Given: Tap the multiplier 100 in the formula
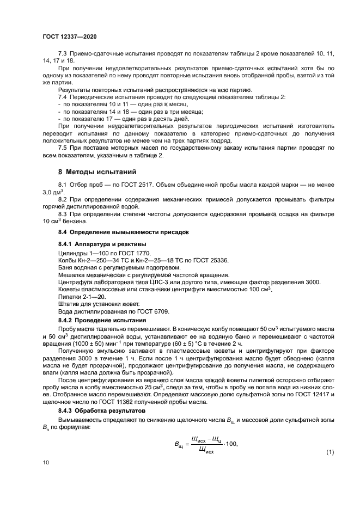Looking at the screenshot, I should [231, 444].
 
